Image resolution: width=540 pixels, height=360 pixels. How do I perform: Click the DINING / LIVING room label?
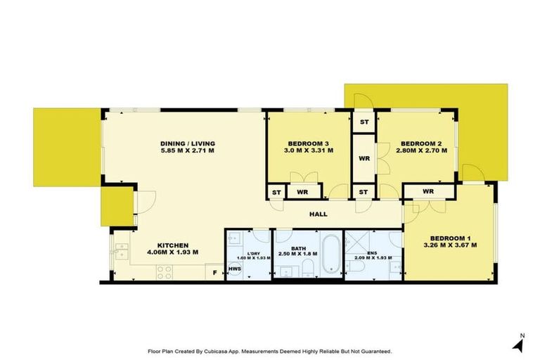pyautogui.click(x=187, y=141)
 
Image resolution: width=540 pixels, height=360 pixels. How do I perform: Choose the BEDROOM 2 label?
pyautogui.click(x=418, y=141)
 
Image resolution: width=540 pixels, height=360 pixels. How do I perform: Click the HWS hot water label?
pyautogui.click(x=234, y=269)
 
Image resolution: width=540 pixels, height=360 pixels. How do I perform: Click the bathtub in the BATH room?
pyautogui.click(x=330, y=254)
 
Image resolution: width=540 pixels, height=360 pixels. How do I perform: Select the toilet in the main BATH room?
pyautogui.click(x=308, y=266)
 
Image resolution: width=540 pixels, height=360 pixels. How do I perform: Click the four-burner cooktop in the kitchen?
pyautogui.click(x=165, y=269)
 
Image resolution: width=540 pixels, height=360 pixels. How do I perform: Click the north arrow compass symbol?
pyautogui.click(x=520, y=345)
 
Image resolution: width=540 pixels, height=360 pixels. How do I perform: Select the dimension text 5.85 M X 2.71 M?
pyautogui.click(x=187, y=150)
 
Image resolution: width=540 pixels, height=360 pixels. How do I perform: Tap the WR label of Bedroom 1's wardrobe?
pyautogui.click(x=428, y=191)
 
